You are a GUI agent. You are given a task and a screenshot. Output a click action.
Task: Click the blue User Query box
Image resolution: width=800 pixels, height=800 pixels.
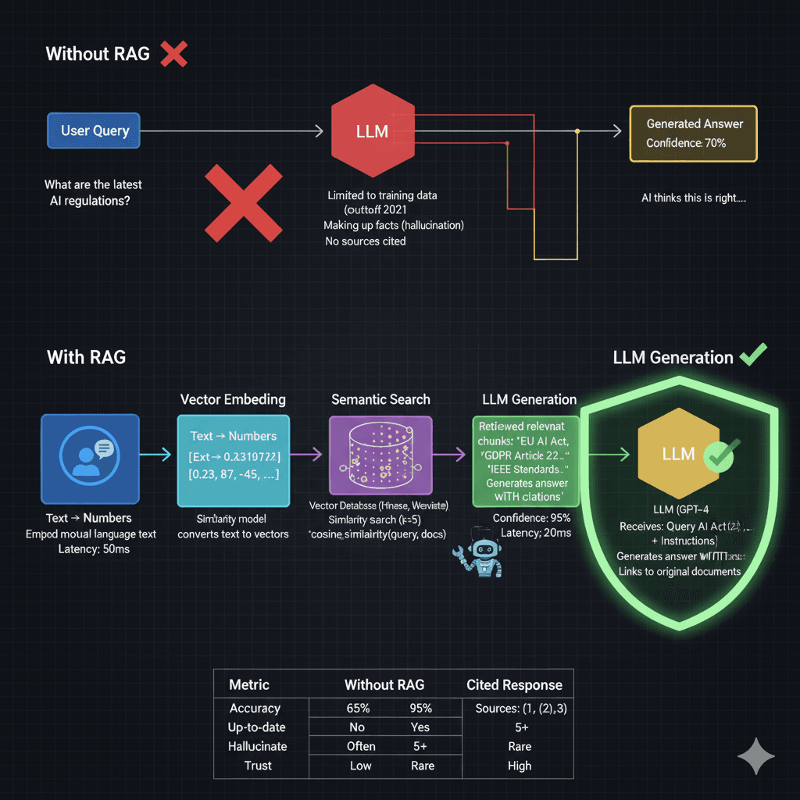[x=94, y=130]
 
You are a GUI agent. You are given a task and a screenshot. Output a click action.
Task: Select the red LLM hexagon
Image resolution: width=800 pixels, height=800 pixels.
[x=372, y=130]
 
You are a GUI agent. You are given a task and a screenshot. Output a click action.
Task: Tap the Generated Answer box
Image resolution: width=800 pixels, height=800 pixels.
[x=694, y=134]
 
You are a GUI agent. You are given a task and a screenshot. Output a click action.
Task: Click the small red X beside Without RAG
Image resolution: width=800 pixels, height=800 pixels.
[x=173, y=54]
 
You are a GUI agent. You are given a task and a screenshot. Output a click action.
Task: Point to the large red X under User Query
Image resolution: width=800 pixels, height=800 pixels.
[x=243, y=202]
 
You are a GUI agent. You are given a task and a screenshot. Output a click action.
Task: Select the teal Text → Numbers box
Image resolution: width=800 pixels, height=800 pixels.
[x=233, y=460]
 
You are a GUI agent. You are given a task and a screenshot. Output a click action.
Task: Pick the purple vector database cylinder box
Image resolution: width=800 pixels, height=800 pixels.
[x=380, y=460]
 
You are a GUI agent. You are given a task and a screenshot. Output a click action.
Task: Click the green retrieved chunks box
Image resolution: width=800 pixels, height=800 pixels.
[x=525, y=461]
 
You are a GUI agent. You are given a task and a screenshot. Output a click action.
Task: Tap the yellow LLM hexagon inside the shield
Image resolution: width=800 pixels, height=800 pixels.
[x=677, y=453]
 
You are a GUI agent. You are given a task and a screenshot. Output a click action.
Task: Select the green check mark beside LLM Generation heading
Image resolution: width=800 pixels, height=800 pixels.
[x=753, y=356]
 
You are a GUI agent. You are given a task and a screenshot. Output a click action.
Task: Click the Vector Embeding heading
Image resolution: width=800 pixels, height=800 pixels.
[x=233, y=399]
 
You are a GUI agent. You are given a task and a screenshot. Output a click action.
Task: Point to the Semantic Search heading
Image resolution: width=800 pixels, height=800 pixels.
[x=380, y=399]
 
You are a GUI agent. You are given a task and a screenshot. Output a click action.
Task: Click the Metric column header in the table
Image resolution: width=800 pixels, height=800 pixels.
[x=249, y=685]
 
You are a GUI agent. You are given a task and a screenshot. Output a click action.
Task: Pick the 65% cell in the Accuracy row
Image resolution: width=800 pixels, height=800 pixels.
[x=358, y=708]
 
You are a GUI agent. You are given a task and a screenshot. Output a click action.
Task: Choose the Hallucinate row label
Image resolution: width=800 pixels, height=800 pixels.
[x=258, y=746]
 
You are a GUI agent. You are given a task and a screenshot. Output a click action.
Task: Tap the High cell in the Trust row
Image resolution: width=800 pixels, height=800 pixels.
[x=519, y=766]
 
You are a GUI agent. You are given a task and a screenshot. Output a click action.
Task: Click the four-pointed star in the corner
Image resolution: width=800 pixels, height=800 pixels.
[x=756, y=756]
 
